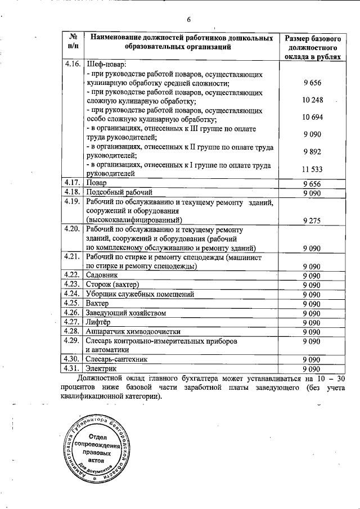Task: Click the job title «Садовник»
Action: pos(102,274)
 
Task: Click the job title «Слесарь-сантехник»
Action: pos(117,359)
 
